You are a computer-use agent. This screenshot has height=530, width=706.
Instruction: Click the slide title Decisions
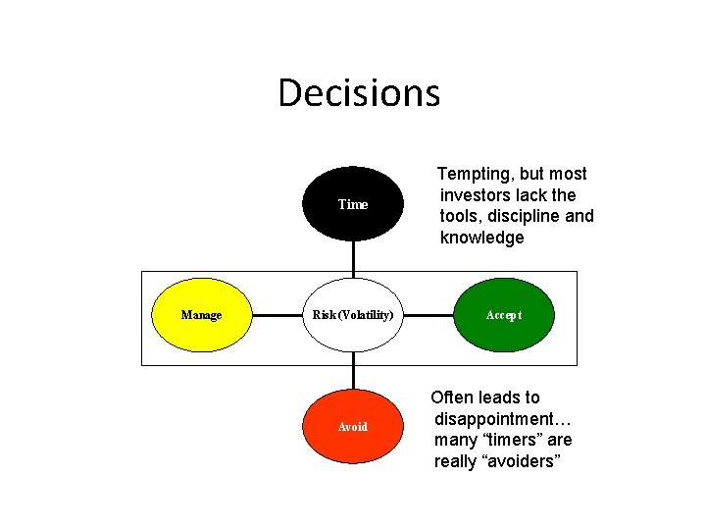pyautogui.click(x=359, y=93)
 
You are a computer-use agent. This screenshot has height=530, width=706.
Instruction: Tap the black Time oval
pyautogui.click(x=353, y=204)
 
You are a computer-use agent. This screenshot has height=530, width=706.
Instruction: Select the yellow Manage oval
pyautogui.click(x=201, y=315)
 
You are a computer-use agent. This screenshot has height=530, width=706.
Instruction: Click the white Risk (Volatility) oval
pyautogui.click(x=353, y=315)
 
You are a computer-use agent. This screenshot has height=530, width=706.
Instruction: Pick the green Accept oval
pyautogui.click(x=504, y=315)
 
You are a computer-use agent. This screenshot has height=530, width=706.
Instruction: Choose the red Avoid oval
pyautogui.click(x=353, y=427)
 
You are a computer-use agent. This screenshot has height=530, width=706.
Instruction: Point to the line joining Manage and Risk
pyautogui.click(x=277, y=315)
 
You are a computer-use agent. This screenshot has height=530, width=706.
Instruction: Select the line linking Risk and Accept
pyautogui.click(x=429, y=315)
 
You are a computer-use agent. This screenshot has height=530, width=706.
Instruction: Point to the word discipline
pyautogui.click(x=519, y=216)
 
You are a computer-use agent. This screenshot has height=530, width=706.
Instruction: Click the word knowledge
pyautogui.click(x=482, y=238)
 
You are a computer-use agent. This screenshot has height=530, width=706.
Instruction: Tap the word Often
pyautogui.click(x=452, y=397)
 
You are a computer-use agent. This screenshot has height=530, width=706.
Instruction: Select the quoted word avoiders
pyautogui.click(x=521, y=461)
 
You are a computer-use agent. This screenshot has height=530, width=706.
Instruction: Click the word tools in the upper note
pyautogui.click(x=461, y=216)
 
